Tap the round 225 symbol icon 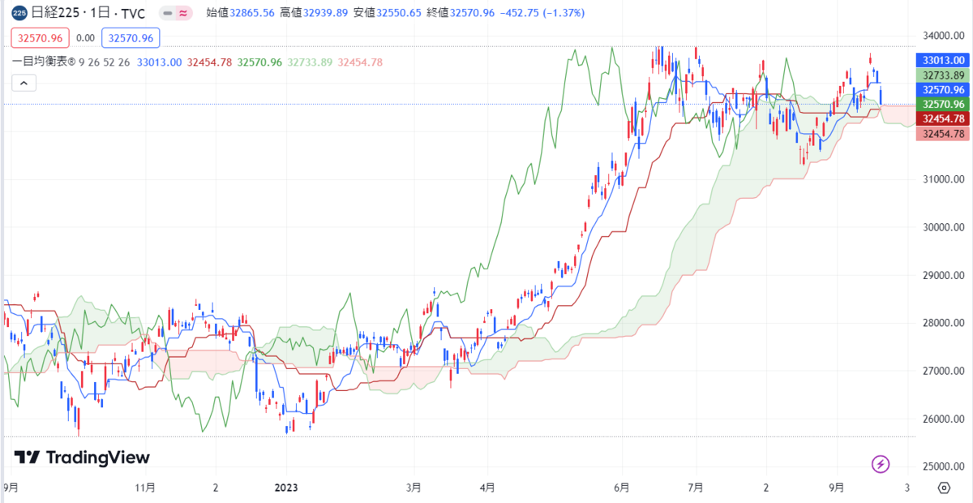point(19,13)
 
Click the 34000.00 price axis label point(943,36)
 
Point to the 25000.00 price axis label point(943,466)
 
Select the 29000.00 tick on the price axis point(943,275)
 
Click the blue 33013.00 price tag point(942,60)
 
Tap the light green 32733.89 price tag point(942,75)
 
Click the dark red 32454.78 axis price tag point(942,118)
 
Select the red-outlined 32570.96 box point(40,38)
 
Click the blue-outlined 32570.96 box point(131,38)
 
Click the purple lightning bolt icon point(881,464)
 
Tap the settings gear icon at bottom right point(944,488)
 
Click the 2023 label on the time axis point(286,488)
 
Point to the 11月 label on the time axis point(145,488)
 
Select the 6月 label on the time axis point(622,488)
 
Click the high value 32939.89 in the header point(325,13)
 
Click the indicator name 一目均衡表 point(40,62)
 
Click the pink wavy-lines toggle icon point(183,14)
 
